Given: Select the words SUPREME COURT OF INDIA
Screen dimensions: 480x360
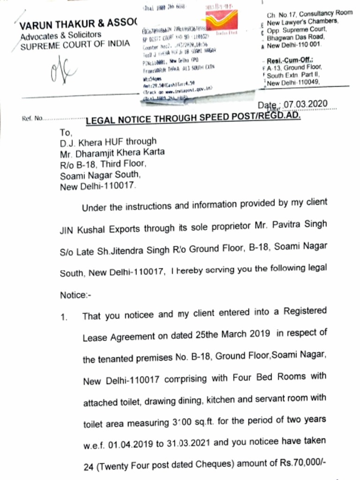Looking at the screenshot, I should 75,44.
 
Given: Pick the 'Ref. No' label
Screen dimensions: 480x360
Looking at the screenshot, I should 32,118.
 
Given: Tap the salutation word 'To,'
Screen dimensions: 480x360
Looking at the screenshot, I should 67,133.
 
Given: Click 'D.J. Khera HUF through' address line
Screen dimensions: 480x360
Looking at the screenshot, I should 108,142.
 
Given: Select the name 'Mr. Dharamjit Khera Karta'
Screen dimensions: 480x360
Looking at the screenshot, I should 112,152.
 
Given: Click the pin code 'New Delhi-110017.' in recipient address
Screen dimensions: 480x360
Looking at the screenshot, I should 98,187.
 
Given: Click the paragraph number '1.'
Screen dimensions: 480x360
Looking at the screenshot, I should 65,316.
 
